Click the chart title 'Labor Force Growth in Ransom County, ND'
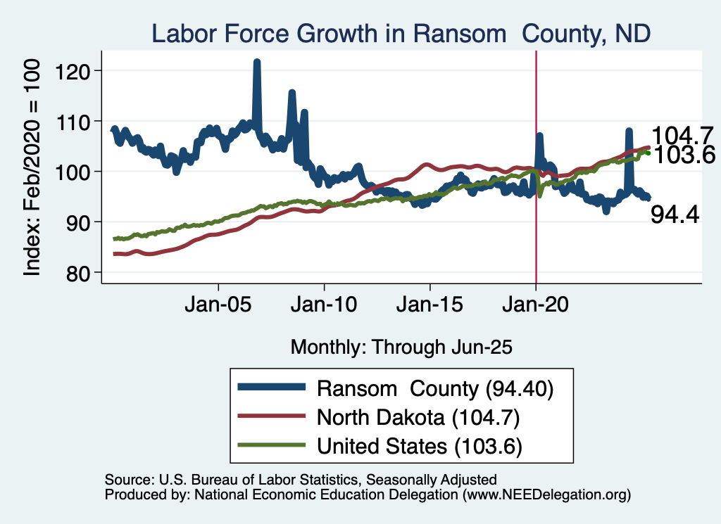[x=401, y=33]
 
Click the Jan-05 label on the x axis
[x=218, y=307]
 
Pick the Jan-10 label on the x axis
[x=324, y=307]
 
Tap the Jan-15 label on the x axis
[x=430, y=307]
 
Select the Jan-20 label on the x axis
[x=536, y=307]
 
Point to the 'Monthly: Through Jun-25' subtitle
[x=401, y=347]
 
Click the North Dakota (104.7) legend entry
[x=418, y=417]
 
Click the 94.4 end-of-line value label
[x=675, y=215]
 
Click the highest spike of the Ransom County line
[x=257, y=63]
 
